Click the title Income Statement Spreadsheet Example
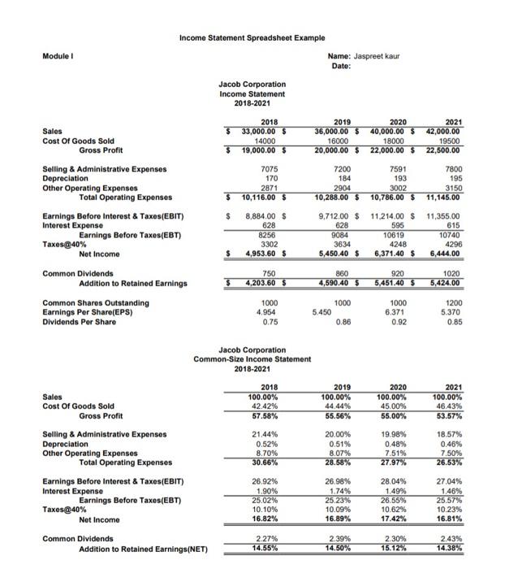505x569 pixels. coord(252,37)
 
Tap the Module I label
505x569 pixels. coord(56,58)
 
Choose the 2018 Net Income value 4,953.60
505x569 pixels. coord(258,254)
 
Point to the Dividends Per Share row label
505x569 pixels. coord(80,320)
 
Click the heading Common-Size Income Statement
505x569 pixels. coord(252,358)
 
